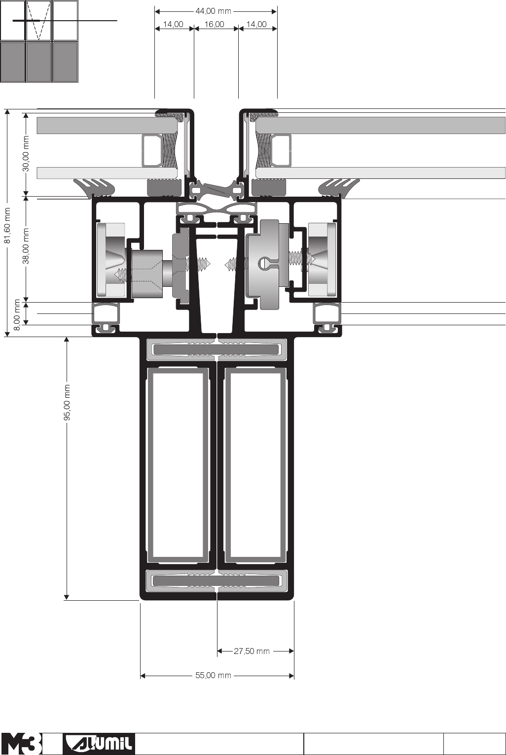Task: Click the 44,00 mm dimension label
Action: coord(213,11)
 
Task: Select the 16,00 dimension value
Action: coord(214,24)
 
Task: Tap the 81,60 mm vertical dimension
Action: coord(7,225)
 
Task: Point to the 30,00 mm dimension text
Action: coord(26,153)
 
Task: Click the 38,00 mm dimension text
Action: coord(26,246)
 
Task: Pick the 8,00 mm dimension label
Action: coord(17,314)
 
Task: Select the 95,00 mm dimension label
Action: coord(67,403)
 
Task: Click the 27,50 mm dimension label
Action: coord(252,651)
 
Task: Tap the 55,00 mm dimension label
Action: coord(213,676)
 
